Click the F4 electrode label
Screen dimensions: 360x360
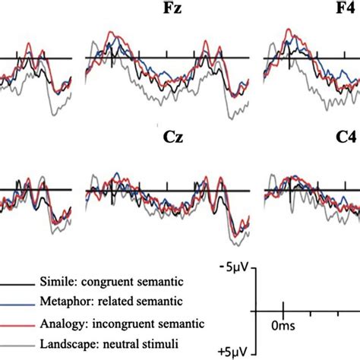pos(346,11)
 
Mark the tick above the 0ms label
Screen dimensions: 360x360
pos(283,311)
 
